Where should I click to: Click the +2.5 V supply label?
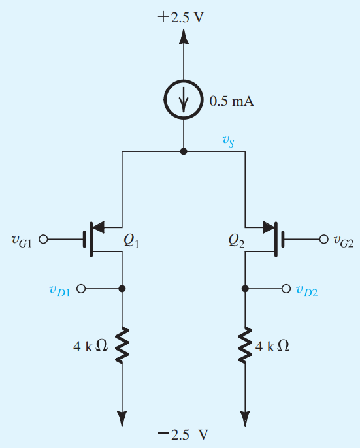click(181, 17)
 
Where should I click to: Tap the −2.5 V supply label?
click(183, 434)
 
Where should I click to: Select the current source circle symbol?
click(184, 99)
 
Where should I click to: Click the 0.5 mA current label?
click(231, 101)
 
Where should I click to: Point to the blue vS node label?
click(229, 141)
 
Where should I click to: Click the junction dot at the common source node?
click(184, 152)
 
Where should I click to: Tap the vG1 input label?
click(22, 240)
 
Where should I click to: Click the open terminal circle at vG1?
click(43, 239)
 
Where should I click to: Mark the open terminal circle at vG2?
click(323, 239)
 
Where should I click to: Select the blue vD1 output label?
click(59, 291)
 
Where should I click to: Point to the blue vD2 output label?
click(307, 291)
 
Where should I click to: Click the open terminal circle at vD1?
click(81, 289)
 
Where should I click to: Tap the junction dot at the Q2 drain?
click(245, 289)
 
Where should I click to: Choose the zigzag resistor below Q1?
click(122, 345)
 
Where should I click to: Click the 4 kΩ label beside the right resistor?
click(272, 347)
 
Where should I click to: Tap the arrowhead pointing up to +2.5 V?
click(184, 36)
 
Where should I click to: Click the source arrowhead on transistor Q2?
click(269, 227)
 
